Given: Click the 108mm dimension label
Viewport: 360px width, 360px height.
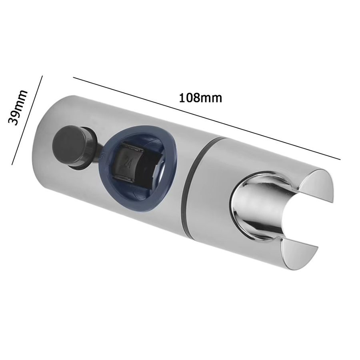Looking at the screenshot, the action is [200, 98].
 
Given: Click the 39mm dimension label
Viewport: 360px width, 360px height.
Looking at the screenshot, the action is [18, 107].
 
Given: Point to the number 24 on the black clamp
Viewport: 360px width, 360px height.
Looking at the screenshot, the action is [126, 163].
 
